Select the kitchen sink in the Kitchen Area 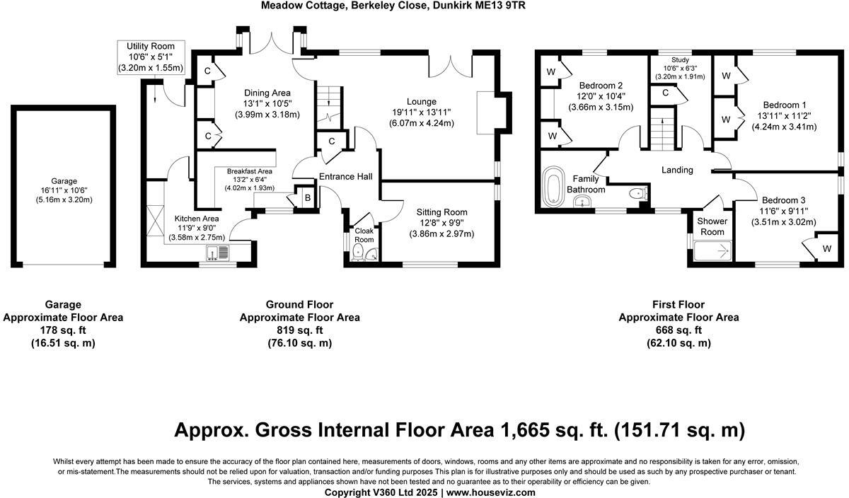pyautogui.click(x=217, y=253)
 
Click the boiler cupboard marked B pyautogui.click(x=307, y=198)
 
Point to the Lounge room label pyautogui.click(x=422, y=102)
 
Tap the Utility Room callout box pyautogui.click(x=150, y=57)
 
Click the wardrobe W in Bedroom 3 pyautogui.click(x=826, y=248)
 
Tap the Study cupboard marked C pyautogui.click(x=666, y=93)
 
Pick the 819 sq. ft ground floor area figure pyautogui.click(x=299, y=330)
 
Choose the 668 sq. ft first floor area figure pyautogui.click(x=678, y=330)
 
